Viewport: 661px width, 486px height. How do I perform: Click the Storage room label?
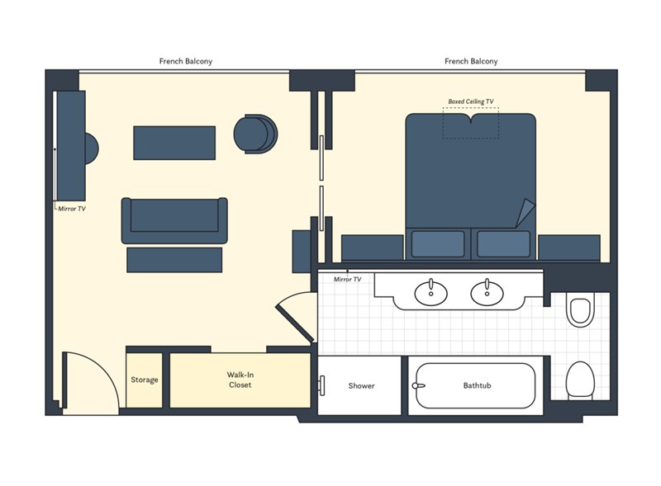pos(144,380)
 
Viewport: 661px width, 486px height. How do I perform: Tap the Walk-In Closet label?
pos(240,380)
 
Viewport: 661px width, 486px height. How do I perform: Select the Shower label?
pos(361,385)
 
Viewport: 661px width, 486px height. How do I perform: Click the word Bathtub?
pos(477,385)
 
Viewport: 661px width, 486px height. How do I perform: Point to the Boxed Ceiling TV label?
pos(470,101)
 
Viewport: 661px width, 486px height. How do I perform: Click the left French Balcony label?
pos(185,61)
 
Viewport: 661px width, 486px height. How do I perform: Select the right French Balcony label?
pos(471,61)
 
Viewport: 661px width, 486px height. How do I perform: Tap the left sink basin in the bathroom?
pos(430,293)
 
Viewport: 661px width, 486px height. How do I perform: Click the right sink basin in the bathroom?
pos(487,293)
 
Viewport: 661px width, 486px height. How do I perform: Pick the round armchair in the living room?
pos(255,134)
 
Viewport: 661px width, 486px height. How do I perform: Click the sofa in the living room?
pos(174,220)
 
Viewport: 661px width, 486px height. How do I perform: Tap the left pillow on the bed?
pos(438,244)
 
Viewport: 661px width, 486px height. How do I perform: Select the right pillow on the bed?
pos(503,244)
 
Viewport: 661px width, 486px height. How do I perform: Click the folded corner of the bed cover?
pos(525,213)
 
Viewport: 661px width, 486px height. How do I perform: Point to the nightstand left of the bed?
pos(373,248)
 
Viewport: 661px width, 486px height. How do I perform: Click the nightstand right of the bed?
pos(569,248)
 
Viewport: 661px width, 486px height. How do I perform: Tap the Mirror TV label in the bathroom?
pos(347,279)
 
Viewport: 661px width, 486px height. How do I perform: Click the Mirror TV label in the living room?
pos(72,209)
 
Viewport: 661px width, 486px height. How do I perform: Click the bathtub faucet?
pos(418,385)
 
